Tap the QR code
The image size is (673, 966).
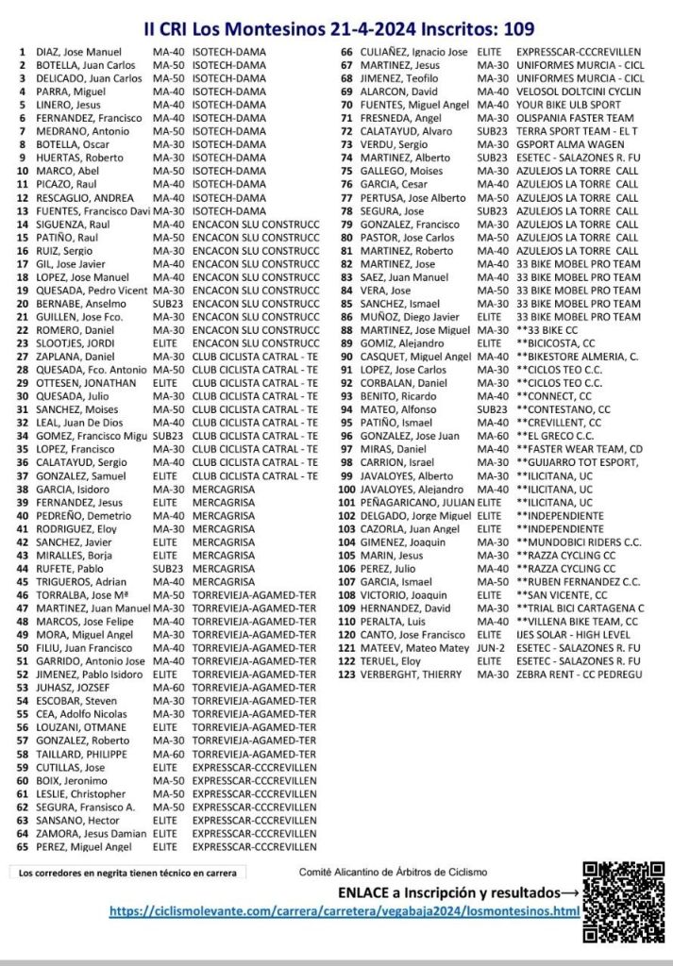pos(622,902)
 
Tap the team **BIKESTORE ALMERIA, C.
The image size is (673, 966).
pos(578,357)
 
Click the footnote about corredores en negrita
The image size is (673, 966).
pos(128,874)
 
